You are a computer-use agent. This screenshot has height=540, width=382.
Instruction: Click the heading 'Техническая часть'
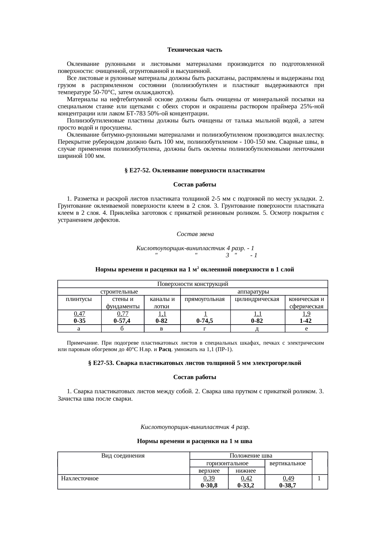point(194,50)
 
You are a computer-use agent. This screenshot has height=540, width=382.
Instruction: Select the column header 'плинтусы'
point(79,299)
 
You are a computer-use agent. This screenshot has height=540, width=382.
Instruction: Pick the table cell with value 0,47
point(79,314)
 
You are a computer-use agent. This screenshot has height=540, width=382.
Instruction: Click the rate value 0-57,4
point(122,321)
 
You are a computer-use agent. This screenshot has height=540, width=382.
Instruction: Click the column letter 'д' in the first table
point(257,329)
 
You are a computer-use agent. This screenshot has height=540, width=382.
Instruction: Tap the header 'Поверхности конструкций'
point(193,284)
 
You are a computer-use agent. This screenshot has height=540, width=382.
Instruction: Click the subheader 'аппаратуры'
point(254,291)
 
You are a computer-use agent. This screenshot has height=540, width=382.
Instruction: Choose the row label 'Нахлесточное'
point(80,478)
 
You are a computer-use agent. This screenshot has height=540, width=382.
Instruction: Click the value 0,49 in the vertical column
point(288,478)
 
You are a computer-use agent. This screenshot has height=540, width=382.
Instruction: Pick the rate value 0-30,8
point(209,485)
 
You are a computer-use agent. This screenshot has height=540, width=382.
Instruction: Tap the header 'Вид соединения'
point(123,455)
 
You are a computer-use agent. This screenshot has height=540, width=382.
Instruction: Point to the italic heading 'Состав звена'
point(195,234)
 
